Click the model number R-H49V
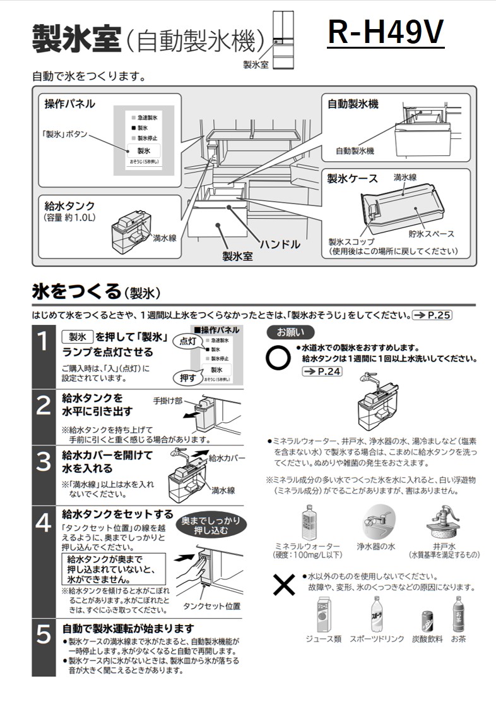[x=386, y=33]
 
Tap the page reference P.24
[x=322, y=372]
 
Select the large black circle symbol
[x=278, y=358]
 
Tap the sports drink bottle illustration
[x=376, y=612]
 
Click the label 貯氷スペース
[x=431, y=234]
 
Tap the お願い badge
[x=290, y=332]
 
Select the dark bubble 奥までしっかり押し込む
[x=210, y=525]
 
